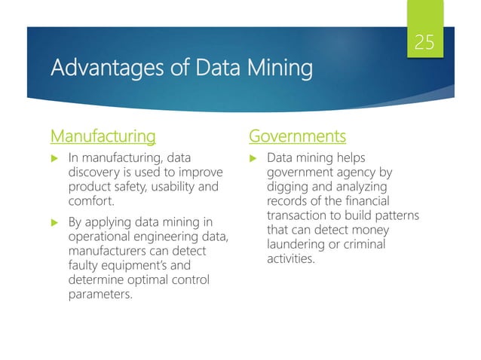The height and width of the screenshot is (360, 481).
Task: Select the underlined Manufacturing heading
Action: point(103,136)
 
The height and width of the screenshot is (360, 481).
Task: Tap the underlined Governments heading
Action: point(298,136)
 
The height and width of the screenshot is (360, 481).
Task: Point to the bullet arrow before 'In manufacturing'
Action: point(54,158)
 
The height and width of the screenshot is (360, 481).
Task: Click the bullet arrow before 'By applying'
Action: point(54,222)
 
